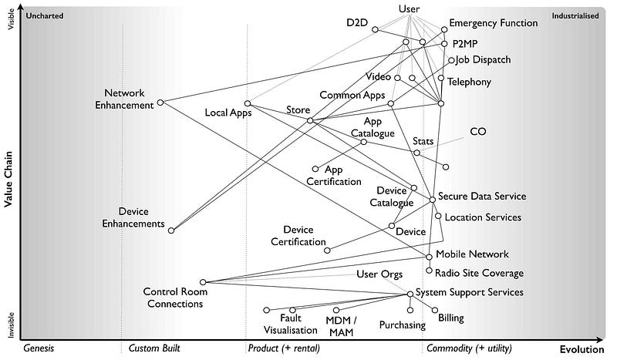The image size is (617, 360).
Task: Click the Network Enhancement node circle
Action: pyautogui.click(x=160, y=102)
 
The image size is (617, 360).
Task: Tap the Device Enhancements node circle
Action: pyautogui.click(x=172, y=230)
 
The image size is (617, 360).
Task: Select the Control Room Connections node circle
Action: pyautogui.click(x=203, y=282)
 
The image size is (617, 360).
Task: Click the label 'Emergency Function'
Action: pyautogui.click(x=494, y=23)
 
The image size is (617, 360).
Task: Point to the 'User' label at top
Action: pyautogui.click(x=410, y=8)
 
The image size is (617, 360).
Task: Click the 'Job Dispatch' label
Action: pyautogui.click(x=483, y=60)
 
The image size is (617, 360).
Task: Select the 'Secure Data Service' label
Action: pyautogui.click(x=482, y=197)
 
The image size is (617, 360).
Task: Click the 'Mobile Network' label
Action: pyautogui.click(x=473, y=254)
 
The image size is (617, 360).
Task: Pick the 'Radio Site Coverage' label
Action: pyautogui.click(x=479, y=273)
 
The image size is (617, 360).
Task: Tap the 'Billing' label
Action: pyautogui.click(x=451, y=318)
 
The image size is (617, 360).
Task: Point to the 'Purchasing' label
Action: pyautogui.click(x=403, y=325)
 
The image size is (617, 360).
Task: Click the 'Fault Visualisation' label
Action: pyautogui.click(x=298, y=324)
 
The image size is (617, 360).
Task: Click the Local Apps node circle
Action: pyautogui.click(x=248, y=103)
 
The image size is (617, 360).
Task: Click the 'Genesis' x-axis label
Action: pyautogui.click(x=39, y=348)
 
